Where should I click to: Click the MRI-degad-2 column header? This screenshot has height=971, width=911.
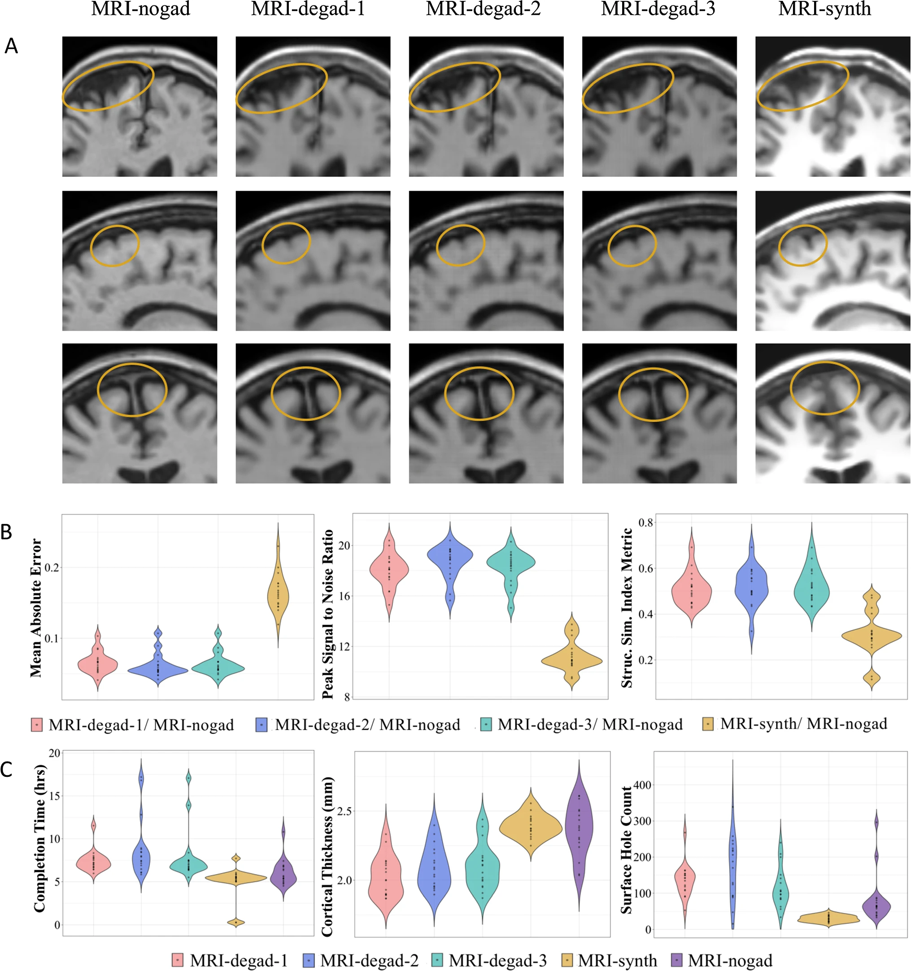(483, 9)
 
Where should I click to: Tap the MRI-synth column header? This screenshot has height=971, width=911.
(824, 9)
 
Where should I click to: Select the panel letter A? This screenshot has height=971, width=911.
(11, 46)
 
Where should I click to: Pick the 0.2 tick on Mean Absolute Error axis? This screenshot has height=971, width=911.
(51, 567)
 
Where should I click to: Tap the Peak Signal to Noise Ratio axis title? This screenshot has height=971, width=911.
(328, 614)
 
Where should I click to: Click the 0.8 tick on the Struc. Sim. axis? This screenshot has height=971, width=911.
(646, 523)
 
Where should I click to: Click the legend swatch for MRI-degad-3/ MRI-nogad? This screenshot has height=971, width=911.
(487, 724)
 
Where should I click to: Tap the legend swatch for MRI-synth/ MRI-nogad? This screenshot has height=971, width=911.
(708, 724)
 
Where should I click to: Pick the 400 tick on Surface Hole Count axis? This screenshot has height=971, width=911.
(643, 785)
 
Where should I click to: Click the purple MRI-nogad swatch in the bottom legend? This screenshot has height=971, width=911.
(679, 960)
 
